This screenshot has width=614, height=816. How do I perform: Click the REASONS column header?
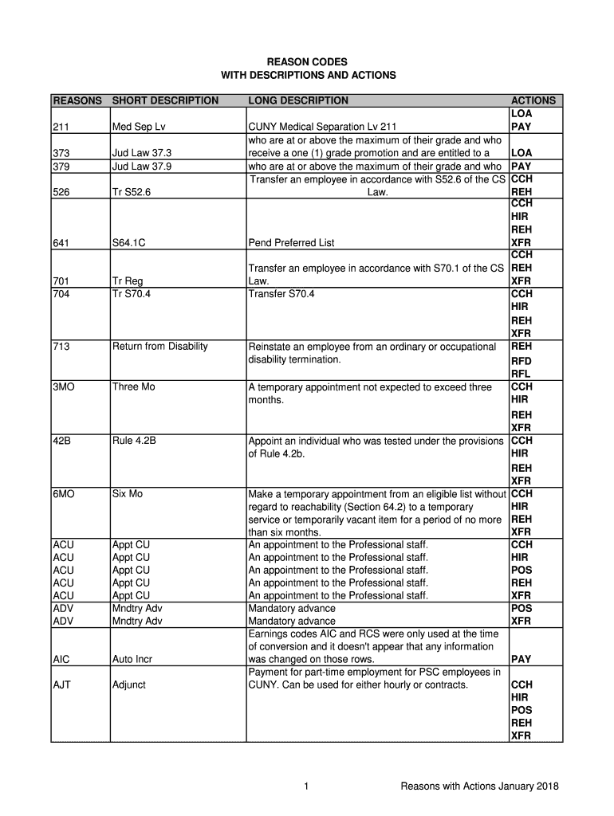pos(77,100)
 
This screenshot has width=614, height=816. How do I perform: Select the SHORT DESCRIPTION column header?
pos(165,100)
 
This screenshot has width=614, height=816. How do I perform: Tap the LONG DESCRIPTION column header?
pos(298,100)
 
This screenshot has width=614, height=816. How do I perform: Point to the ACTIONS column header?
pos(533,100)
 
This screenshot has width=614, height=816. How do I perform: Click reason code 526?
pos(61,192)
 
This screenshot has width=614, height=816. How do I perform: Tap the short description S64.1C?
pos(128,243)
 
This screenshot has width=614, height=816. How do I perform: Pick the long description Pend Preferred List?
pos(292,243)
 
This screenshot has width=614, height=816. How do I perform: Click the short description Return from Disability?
pos(159,346)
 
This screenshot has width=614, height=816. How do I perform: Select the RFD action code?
pos(521,361)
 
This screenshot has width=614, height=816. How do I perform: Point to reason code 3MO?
pos(65,386)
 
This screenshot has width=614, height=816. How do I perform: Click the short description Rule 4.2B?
pos(134,440)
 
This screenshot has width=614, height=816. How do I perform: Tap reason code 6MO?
pos(65,493)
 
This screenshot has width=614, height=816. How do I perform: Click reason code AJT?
pos(61,685)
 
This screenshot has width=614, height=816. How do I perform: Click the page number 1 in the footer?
pos(306,787)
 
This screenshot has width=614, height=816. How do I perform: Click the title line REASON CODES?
pos(307,61)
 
